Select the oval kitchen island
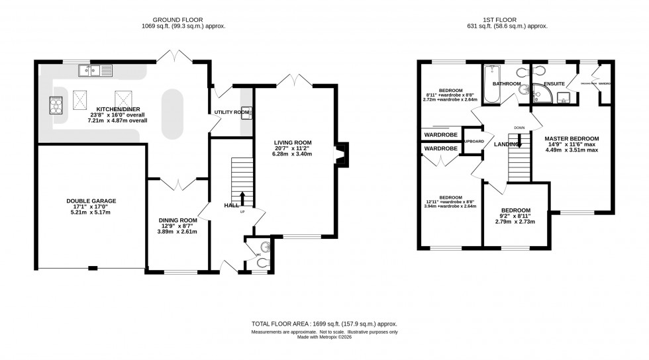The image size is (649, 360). (x=173, y=114)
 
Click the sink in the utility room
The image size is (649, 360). (x=246, y=113)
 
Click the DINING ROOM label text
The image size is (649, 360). (x=177, y=220)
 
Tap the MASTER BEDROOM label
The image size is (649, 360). (x=572, y=138)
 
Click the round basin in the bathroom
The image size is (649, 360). (x=523, y=90)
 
